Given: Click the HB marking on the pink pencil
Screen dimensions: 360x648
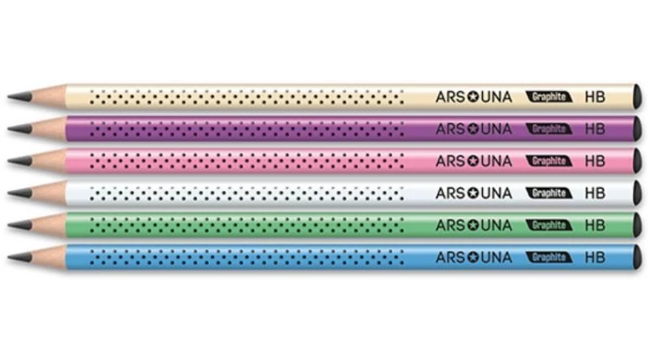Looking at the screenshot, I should tap(595, 161).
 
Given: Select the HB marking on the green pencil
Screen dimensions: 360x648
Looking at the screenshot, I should tap(595, 225).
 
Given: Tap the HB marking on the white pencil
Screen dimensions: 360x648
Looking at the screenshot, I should tap(595, 193).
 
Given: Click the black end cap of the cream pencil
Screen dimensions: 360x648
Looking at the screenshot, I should tap(636, 96).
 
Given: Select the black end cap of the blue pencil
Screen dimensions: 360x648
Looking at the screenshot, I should tap(636, 256).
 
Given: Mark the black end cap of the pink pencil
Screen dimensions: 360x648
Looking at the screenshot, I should tap(636, 160).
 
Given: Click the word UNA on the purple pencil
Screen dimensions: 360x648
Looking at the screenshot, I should tap(496, 129).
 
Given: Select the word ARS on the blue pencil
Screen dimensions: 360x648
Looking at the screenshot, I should tap(451, 257).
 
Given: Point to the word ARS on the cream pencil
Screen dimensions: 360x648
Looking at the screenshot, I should tap(451, 96).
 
